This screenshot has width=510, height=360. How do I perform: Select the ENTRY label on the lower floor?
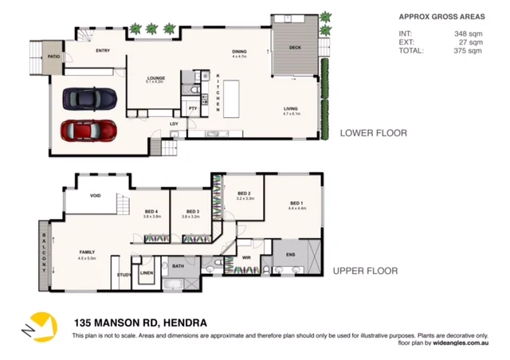click(x=103, y=51)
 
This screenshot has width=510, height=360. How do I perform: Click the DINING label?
click(x=239, y=52)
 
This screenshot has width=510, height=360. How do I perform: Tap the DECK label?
click(x=296, y=47)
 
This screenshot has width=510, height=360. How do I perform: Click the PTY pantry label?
click(x=193, y=108)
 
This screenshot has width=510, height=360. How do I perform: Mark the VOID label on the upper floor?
click(x=95, y=194)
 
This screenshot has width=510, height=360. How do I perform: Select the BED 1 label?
click(x=294, y=203)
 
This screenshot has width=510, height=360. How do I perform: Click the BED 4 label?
click(x=152, y=211)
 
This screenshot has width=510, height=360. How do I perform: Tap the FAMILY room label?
click(x=86, y=252)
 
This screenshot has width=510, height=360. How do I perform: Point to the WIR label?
click(x=246, y=257)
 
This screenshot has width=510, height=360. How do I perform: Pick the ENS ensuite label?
click(x=289, y=256)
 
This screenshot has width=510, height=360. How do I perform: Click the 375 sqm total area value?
click(x=469, y=51)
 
